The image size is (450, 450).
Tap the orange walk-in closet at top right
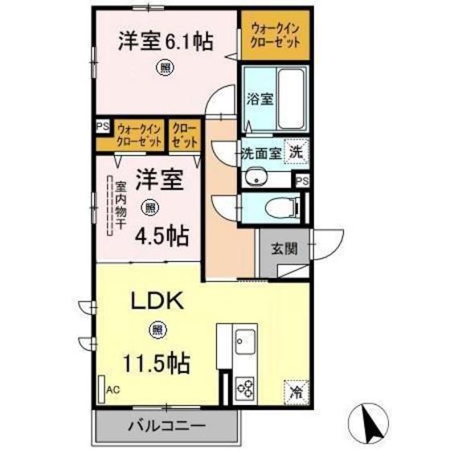pos(273,36)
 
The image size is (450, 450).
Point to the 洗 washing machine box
pos(297,150)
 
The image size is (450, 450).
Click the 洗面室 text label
pos(261,153)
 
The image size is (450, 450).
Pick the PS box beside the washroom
pos(301,182)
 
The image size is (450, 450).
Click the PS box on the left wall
pos(102,127)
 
